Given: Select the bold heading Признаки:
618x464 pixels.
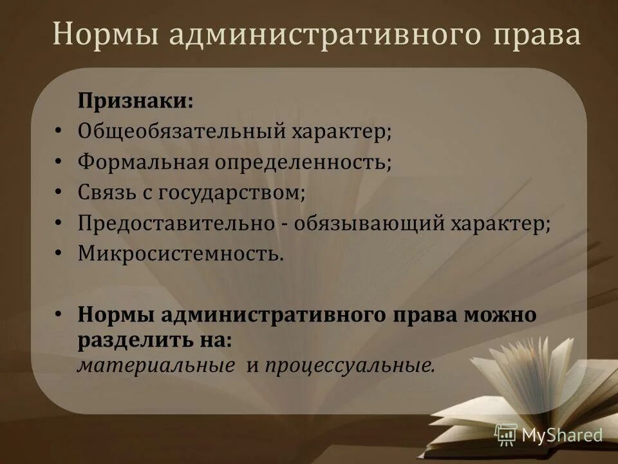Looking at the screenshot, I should tap(135, 101).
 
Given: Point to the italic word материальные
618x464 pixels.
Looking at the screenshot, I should tap(156, 365).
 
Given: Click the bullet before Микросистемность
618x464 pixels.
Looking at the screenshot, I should tap(58, 253).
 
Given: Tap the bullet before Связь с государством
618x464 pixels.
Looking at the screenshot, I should tap(58, 192).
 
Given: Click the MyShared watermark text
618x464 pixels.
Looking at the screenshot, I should tap(562, 435).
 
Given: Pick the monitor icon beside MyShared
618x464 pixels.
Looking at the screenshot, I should tap(506, 434).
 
